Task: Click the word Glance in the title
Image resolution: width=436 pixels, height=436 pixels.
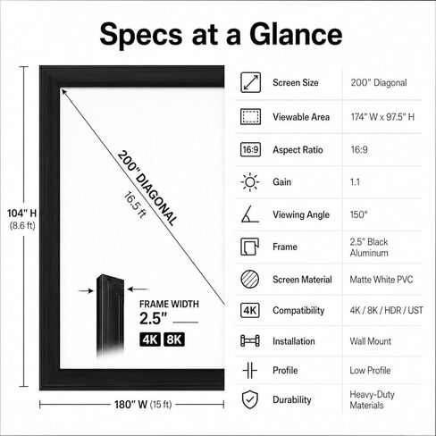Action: tap(296, 34)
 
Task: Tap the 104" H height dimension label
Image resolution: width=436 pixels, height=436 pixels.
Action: tap(21, 214)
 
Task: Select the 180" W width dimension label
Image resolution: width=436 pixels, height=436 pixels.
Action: tap(131, 405)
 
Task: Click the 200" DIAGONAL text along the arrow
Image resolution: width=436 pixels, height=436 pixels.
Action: tap(147, 188)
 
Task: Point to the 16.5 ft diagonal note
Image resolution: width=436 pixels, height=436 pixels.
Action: tap(135, 205)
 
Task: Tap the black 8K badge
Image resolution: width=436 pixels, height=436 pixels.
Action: tap(174, 340)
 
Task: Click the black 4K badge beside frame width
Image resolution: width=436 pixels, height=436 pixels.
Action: tap(150, 340)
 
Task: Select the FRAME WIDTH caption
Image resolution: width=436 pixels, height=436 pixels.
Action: tap(169, 304)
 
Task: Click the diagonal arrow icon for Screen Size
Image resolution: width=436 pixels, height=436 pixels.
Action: tap(250, 82)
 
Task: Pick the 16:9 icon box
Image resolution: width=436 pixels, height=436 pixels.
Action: tap(250, 149)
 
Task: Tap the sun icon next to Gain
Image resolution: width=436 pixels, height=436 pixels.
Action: tap(250, 182)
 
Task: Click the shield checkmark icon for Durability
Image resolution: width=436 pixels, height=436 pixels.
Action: tap(250, 399)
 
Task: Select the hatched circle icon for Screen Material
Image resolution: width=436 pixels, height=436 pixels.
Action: tap(250, 279)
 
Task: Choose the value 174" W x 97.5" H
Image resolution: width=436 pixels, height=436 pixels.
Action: tap(382, 117)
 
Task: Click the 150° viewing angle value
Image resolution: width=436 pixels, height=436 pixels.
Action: tap(359, 214)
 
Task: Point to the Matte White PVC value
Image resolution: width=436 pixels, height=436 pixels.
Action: tap(381, 280)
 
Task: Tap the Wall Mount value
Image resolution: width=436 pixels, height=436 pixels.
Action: tap(371, 341)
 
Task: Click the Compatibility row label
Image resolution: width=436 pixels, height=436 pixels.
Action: tap(298, 311)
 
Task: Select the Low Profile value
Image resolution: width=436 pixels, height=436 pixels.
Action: tap(370, 370)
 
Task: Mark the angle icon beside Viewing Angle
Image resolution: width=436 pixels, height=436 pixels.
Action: tap(250, 214)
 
